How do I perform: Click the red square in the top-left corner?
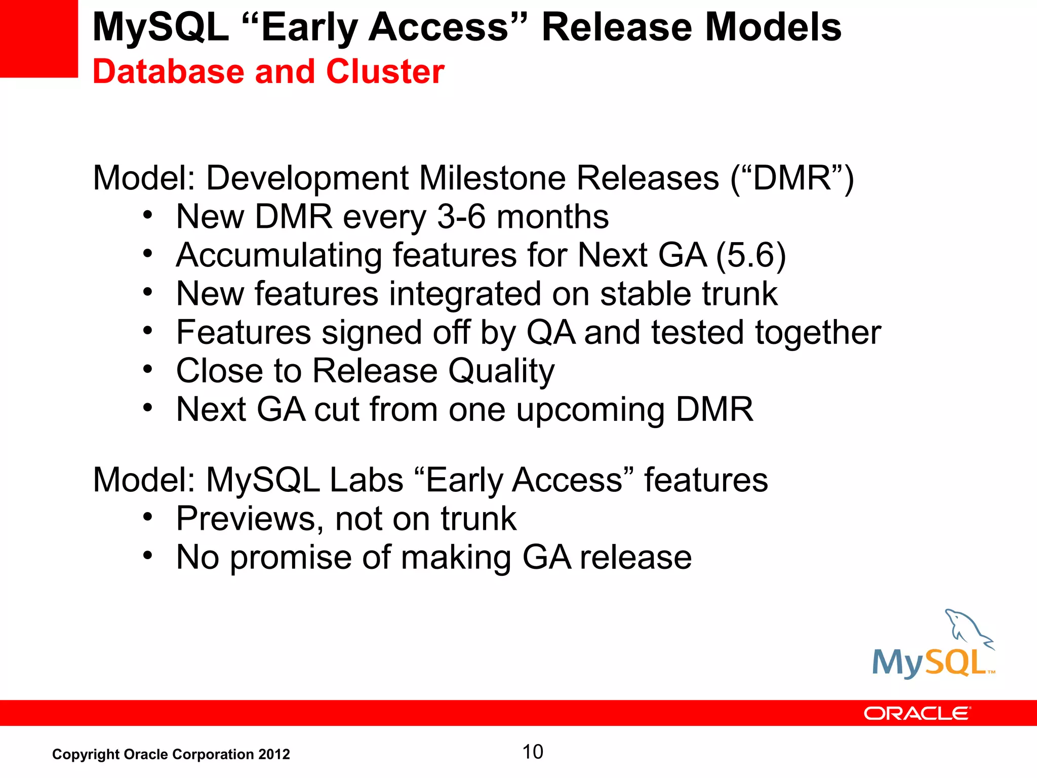[38, 38]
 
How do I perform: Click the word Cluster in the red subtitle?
[385, 71]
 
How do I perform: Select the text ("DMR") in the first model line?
[792, 178]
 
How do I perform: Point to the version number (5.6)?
[751, 255]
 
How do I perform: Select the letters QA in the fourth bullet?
[551, 332]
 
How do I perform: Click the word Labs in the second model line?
[366, 480]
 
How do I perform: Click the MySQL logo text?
[929, 663]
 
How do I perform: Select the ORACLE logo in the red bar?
[916, 713]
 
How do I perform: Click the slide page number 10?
[532, 752]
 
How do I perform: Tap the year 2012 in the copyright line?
[274, 754]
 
